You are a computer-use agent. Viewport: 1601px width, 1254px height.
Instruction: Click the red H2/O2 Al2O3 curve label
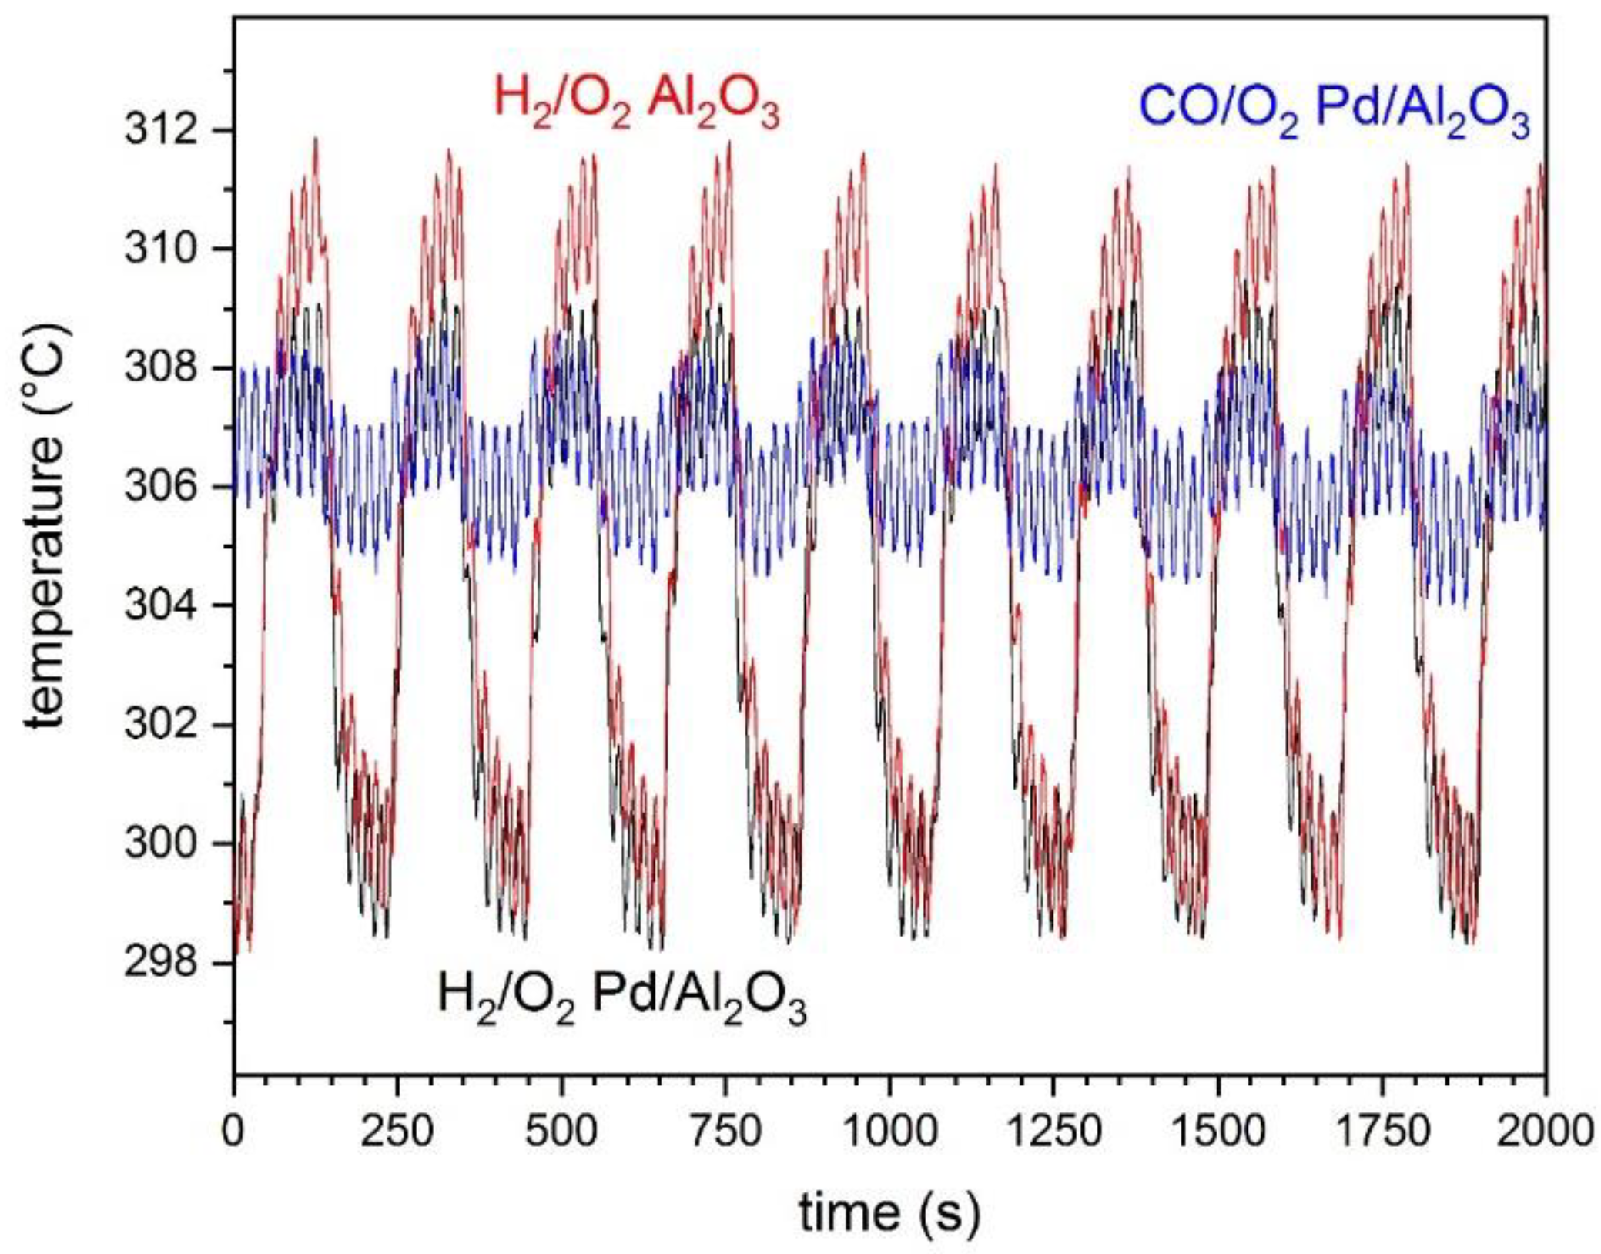pyautogui.click(x=637, y=106)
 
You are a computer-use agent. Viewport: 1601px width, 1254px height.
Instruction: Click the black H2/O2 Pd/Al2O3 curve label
pyautogui.click(x=621, y=999)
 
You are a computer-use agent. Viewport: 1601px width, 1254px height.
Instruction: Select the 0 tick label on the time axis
pyautogui.click(x=233, y=1132)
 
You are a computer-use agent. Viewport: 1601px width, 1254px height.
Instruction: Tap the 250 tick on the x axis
pyautogui.click(x=397, y=1132)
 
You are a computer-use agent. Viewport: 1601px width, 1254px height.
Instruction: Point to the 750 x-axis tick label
pyautogui.click(x=725, y=1132)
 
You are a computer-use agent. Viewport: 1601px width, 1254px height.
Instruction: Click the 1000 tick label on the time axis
pyautogui.click(x=889, y=1132)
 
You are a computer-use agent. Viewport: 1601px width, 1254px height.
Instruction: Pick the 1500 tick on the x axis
pyautogui.click(x=1217, y=1132)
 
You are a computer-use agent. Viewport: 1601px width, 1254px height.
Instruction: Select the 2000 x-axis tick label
pyautogui.click(x=1544, y=1132)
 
